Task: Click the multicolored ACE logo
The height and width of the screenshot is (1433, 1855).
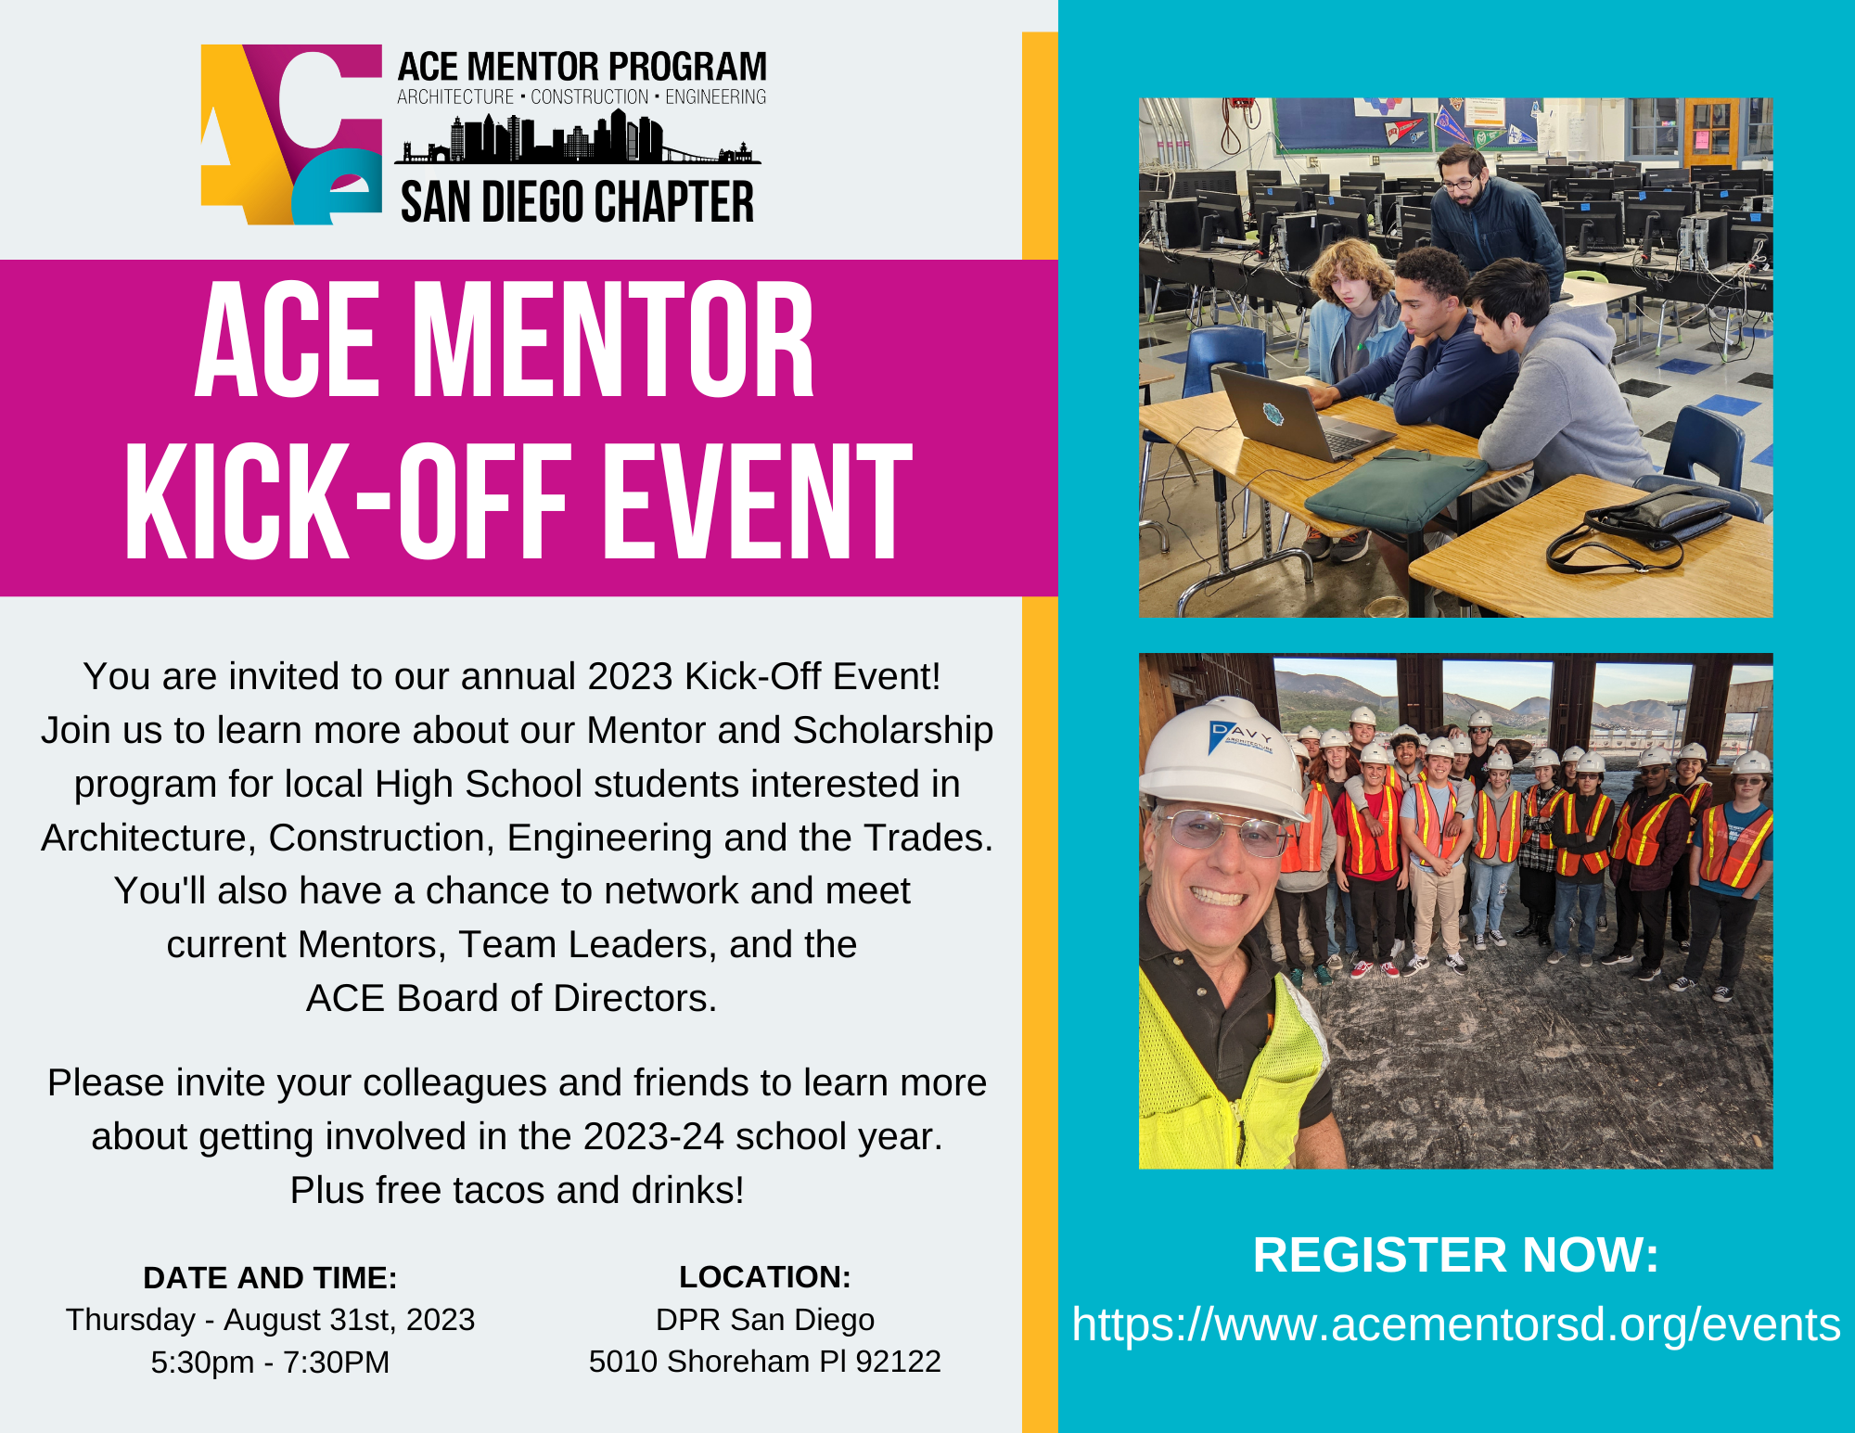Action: coord(290,134)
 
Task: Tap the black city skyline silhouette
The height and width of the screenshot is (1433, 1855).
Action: coord(577,139)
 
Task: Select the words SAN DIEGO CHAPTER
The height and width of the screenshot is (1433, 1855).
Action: coord(577,202)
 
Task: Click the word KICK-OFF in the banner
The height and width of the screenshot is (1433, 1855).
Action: coord(345,502)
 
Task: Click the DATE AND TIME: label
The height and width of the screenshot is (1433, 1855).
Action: coord(270,1277)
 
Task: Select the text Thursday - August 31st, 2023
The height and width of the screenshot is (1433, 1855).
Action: coord(270,1319)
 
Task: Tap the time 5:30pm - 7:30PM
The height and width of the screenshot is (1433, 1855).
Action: coord(270,1362)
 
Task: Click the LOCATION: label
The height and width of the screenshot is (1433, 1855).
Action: coord(764,1276)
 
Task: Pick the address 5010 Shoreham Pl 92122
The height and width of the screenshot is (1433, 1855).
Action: coord(764,1361)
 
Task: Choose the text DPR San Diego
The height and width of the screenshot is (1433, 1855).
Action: coord(764,1319)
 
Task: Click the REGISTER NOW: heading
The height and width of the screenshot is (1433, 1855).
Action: coord(1455,1255)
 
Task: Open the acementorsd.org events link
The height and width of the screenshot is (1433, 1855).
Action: coord(1455,1324)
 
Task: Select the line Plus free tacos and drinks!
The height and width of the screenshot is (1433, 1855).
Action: coord(517,1190)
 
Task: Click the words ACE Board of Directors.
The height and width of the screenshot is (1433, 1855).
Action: coord(511,998)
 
